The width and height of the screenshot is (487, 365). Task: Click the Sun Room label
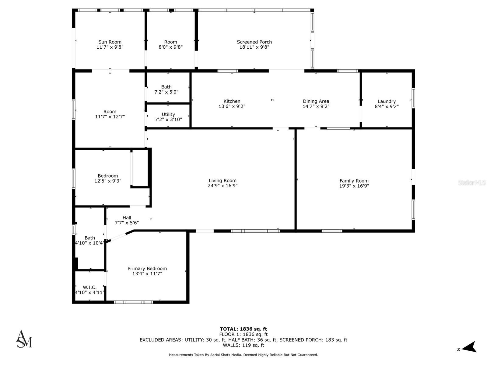click(x=110, y=42)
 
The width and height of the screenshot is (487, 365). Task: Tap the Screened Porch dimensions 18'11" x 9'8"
click(x=254, y=47)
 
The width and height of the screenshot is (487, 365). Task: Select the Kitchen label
click(x=232, y=101)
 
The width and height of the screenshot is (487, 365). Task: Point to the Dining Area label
click(x=316, y=101)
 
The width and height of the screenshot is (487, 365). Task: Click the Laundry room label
click(x=387, y=101)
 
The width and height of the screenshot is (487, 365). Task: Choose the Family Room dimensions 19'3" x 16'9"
click(x=354, y=186)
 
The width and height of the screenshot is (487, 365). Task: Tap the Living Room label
click(x=222, y=181)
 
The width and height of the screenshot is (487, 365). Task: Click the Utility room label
click(x=168, y=114)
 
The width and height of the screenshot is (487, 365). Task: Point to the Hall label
click(x=127, y=217)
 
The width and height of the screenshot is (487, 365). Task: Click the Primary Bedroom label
click(x=147, y=269)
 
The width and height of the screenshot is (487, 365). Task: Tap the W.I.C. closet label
click(x=89, y=287)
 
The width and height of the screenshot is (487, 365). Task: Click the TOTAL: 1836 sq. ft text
click(x=243, y=329)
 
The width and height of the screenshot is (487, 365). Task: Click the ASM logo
click(x=24, y=339)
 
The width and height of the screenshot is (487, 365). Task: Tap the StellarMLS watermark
click(x=471, y=182)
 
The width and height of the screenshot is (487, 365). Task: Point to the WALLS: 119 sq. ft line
click(x=243, y=345)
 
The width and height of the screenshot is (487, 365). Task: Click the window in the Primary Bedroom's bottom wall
click(x=133, y=302)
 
